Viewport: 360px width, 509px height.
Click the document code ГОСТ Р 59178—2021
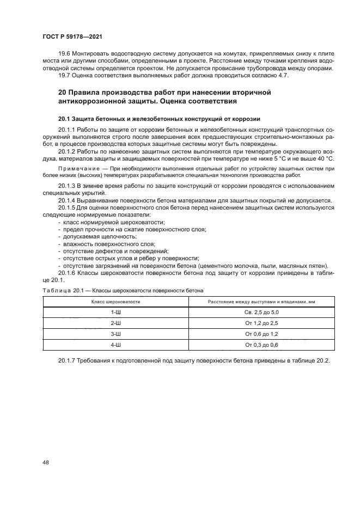point(72,36)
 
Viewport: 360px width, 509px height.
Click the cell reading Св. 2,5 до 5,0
point(261,312)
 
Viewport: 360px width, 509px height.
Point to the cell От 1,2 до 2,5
point(261,323)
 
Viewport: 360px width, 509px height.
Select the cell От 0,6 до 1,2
point(261,334)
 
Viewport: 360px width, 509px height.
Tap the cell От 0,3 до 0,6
point(261,345)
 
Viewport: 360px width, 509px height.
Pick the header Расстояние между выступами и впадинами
point(261,301)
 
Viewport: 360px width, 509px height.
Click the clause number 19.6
point(65,54)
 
